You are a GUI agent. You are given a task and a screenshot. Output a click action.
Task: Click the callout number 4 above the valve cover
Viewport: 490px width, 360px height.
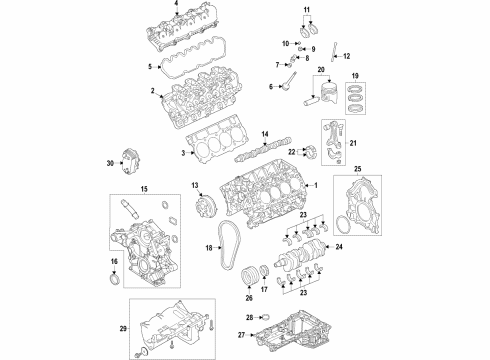click(177, 6)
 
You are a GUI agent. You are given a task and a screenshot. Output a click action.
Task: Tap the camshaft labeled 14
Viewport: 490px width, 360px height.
click(255, 153)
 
